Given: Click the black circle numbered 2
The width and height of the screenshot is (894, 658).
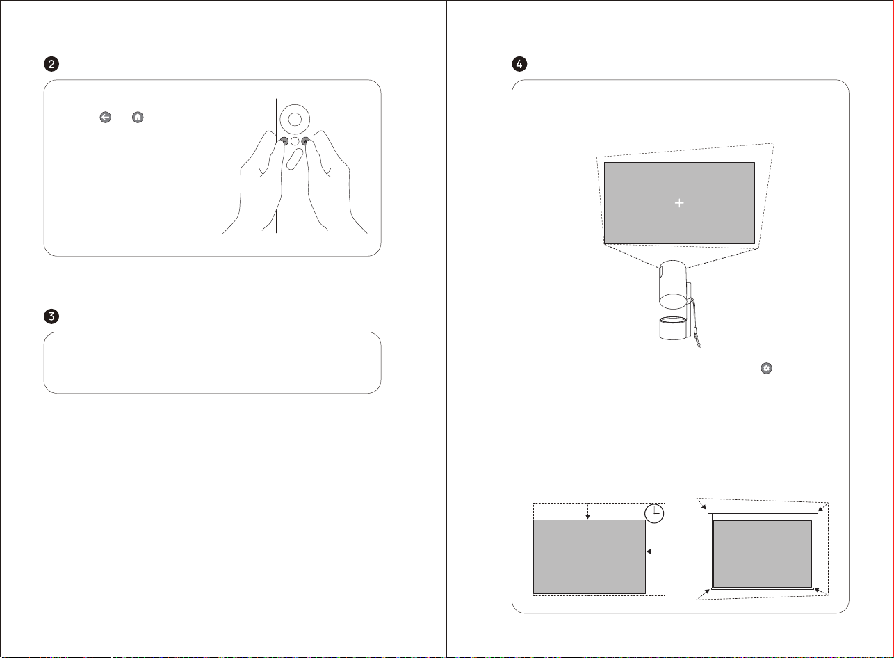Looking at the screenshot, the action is (x=51, y=64).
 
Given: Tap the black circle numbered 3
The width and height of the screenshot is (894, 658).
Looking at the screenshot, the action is (x=51, y=316).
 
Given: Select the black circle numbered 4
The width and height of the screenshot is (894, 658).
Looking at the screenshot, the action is (x=519, y=64).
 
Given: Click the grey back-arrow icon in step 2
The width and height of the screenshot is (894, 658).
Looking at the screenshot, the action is (x=106, y=118).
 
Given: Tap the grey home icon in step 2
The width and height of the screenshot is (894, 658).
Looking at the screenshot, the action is (x=138, y=118).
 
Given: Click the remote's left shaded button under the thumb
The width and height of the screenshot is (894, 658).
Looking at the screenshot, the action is (x=284, y=141).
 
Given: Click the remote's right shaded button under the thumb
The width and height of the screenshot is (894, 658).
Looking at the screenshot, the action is (x=306, y=141).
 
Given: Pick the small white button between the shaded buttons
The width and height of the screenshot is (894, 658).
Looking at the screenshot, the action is (x=295, y=141).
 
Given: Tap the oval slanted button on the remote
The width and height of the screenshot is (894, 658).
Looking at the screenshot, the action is (x=295, y=159).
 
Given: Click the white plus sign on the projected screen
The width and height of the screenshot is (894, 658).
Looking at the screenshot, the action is (x=679, y=203).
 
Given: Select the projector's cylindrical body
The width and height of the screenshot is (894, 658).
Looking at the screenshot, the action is (x=674, y=284).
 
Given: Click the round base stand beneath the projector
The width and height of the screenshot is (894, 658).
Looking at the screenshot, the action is (x=674, y=328).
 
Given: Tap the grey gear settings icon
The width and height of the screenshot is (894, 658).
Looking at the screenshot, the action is (x=766, y=368).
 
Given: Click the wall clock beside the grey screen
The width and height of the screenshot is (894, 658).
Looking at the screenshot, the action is (x=654, y=513).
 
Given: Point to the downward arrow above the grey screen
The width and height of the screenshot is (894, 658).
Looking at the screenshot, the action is (x=587, y=512).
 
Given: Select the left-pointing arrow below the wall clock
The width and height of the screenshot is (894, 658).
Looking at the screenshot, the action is (x=655, y=552).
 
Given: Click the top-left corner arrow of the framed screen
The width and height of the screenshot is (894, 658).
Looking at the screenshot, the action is (x=702, y=505).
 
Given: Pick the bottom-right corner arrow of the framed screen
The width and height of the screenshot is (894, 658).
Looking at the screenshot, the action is (x=820, y=591).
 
